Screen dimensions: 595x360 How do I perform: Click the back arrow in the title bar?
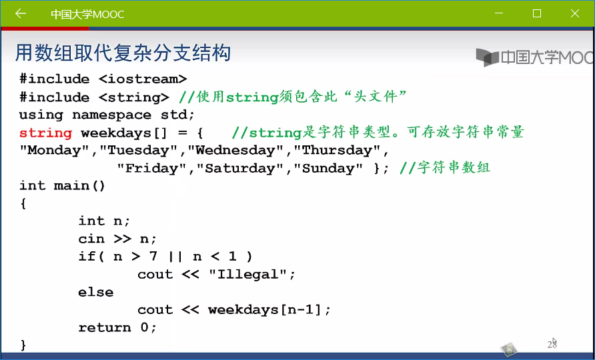coord(21,13)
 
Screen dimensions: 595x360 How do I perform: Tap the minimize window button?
coord(499,13)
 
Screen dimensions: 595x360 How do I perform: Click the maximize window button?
coord(537,13)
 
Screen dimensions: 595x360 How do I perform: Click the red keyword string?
coord(45,133)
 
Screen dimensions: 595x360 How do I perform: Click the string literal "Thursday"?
coord(336,150)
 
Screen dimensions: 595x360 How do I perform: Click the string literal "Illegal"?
coord(247,274)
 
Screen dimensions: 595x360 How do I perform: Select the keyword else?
coord(95,292)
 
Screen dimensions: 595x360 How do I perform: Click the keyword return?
coord(104,327)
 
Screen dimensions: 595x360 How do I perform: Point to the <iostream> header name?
coord(143,79)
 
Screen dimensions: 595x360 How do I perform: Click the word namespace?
coord(111,115)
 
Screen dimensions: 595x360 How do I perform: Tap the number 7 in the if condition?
coord(153,256)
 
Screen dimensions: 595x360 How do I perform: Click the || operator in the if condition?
coord(175,257)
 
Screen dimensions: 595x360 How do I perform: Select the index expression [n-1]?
coord(302,309)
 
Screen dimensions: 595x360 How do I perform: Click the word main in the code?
coord(71,185)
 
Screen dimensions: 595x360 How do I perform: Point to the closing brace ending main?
coord(23,345)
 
